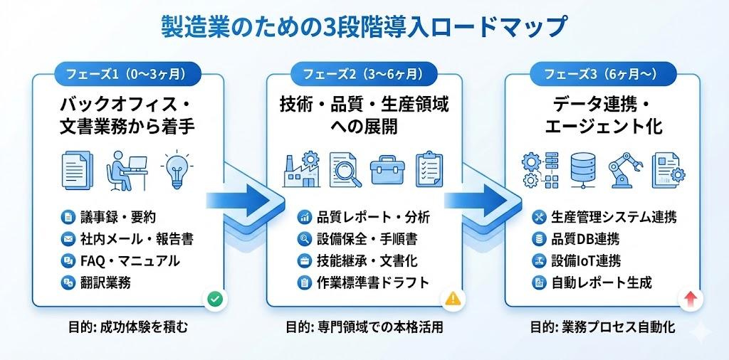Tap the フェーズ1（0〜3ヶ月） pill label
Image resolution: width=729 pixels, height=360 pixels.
point(128,73)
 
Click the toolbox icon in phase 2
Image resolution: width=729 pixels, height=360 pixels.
point(387,169)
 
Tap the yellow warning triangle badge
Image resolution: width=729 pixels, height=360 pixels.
point(453,300)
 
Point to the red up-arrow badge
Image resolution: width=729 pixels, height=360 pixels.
point(689,300)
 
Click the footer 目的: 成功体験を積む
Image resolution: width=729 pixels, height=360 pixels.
point(128,328)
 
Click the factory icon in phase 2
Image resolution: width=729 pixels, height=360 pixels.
point(300,169)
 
